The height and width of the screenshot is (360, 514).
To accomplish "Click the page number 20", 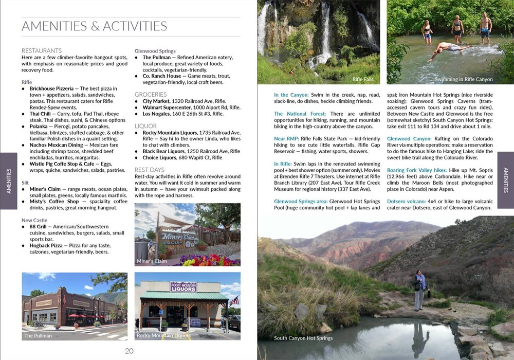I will coord(129,351).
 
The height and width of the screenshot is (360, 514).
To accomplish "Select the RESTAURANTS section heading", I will coord(42,50).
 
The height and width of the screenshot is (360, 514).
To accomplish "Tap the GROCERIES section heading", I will coord(151,94).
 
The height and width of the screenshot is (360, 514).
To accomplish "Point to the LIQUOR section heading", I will coord(145,125).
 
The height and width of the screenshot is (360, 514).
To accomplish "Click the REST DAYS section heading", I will coord(149,170).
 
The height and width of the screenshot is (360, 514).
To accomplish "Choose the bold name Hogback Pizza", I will coord(46,245).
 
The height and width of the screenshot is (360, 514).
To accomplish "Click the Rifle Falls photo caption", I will coord(363,79).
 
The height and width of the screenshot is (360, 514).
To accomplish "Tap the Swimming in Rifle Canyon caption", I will coord(464,79).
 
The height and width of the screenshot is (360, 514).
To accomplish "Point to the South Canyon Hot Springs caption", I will coord(303,338).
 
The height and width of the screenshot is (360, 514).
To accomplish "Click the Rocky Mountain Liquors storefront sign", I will coord(183,286).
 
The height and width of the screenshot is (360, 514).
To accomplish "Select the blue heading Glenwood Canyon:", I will coord(409,139).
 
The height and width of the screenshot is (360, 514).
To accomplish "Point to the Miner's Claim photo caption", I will coord(152,261).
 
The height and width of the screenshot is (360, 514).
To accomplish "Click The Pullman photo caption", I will coord(38,336).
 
